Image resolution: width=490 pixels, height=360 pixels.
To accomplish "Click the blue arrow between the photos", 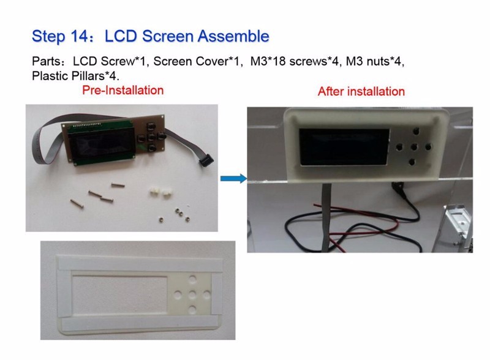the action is [233, 178].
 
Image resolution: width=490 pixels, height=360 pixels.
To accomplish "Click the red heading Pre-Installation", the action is [123, 91].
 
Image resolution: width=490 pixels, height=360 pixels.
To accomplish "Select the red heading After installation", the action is [361, 92].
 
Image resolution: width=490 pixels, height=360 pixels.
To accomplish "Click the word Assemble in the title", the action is [233, 36].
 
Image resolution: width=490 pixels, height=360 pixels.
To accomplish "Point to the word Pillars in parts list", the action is [88, 76].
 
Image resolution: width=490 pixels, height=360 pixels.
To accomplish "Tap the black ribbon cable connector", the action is [206, 159].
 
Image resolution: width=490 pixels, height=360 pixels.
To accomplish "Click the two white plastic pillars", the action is [159, 192].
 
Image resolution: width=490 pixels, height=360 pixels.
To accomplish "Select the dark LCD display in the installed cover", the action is [344, 147].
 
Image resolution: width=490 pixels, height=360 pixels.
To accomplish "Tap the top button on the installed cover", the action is [416, 131].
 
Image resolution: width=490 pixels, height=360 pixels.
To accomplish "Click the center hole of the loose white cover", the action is [192, 294].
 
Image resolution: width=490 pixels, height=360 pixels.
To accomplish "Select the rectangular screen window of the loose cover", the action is [121, 294].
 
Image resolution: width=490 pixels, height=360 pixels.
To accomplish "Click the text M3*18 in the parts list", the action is [268, 61].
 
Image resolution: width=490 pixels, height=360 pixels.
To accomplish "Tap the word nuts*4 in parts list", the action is [386, 61].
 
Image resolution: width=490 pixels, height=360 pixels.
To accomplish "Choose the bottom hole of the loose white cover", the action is [192, 310].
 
